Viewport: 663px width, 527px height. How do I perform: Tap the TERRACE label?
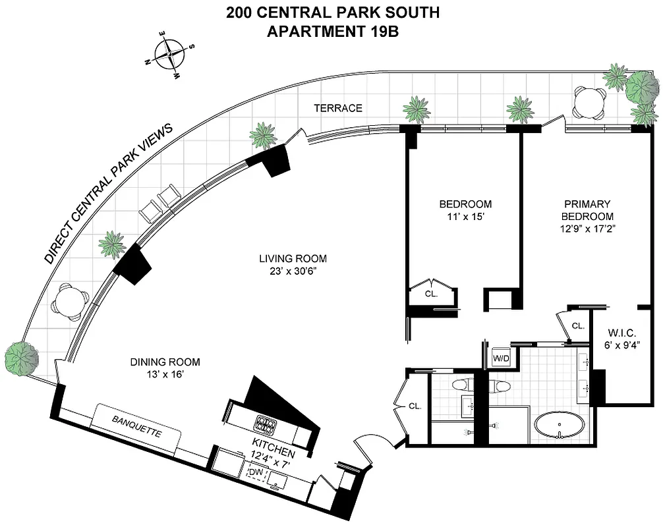337,108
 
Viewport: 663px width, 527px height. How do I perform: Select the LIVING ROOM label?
292,259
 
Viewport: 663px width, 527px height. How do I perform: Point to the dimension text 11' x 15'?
465,216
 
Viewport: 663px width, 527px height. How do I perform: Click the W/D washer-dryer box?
502,359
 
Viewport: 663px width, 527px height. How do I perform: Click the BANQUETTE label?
136,427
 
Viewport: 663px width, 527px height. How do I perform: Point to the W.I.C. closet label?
621,332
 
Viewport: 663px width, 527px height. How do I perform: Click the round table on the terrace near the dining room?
71,301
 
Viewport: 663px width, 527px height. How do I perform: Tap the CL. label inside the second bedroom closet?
431,294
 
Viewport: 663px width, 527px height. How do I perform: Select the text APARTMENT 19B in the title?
332,30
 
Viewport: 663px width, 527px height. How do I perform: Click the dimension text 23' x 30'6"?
292,272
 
